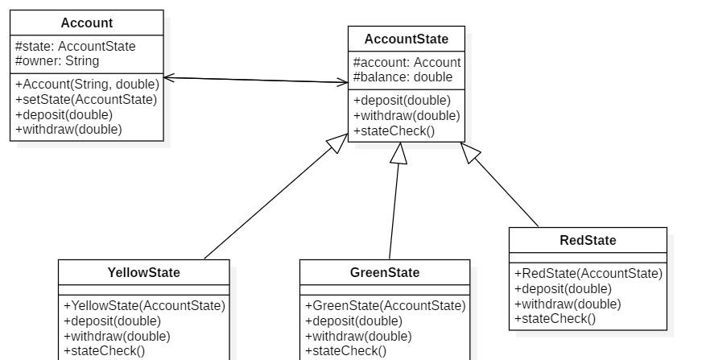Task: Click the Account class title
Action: tap(86, 23)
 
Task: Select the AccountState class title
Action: tap(406, 39)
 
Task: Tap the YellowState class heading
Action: tap(143, 272)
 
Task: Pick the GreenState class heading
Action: tap(385, 272)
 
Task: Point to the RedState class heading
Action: tap(588, 240)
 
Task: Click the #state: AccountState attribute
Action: tap(75, 47)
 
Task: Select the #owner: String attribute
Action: tap(57, 61)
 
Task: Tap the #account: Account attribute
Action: tap(407, 62)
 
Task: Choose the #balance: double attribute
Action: tap(403, 77)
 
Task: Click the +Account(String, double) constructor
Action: tap(88, 85)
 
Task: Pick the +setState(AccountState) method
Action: tap(86, 99)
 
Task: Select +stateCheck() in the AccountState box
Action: tap(394, 130)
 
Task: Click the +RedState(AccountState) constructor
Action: tap(588, 274)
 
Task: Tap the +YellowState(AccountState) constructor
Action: tap(145, 305)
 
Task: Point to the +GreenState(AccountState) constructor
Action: tap(386, 305)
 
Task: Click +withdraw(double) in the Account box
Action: tap(68, 130)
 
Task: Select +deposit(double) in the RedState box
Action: tap(563, 289)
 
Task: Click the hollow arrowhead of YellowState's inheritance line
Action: tap(337, 143)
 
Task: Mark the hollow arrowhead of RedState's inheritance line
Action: tap(469, 152)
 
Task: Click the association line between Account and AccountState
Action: tap(256, 80)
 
